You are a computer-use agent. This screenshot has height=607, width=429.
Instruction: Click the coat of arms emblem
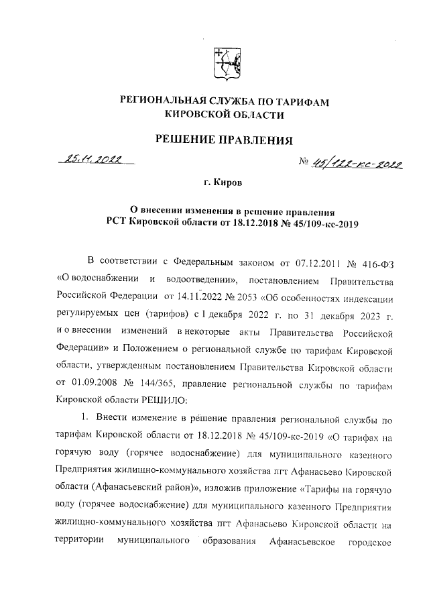[x=224, y=62]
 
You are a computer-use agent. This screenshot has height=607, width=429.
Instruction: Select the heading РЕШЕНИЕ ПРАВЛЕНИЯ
[x=225, y=140]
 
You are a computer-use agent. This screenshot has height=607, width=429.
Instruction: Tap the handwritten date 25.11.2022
[x=90, y=160]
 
